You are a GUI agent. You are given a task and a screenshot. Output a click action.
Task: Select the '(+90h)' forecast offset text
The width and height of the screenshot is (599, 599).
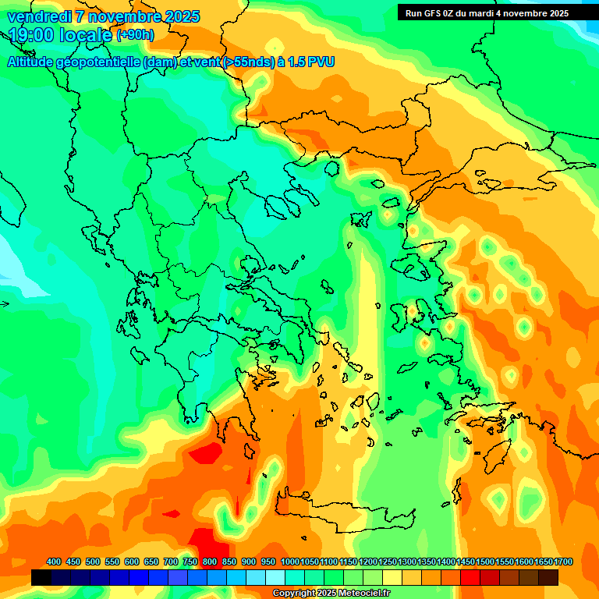pos(135,34)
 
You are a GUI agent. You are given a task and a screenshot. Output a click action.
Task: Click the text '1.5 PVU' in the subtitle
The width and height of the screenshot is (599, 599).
pos(310,62)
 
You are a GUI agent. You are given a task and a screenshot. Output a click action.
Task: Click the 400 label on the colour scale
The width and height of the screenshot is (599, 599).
pos(54,562)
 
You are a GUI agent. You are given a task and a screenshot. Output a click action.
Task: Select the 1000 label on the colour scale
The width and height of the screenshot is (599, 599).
pos(290,562)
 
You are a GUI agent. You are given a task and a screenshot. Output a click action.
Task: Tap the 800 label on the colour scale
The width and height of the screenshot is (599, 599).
pos(210,562)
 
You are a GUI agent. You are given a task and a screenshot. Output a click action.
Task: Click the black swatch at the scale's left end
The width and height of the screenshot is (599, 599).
pos(41,577)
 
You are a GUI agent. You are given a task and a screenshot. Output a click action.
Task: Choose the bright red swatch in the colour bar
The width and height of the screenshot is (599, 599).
pos(470,577)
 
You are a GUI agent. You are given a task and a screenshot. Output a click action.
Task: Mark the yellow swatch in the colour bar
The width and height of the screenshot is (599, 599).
pos(392,577)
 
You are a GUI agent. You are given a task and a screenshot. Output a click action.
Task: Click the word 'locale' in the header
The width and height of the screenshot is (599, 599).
pos(87,35)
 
